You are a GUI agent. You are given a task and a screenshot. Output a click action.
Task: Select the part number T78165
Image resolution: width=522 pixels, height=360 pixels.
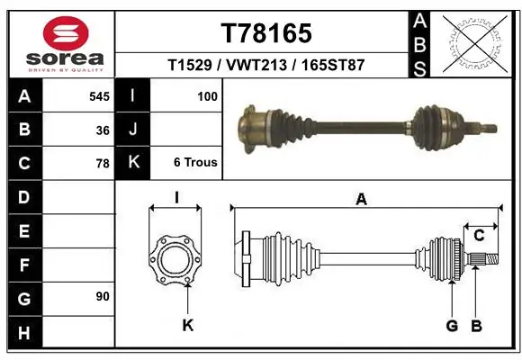pyautogui.click(x=265, y=33)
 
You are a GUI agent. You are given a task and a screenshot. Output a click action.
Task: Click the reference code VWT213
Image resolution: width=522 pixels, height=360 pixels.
pyautogui.click(x=265, y=66)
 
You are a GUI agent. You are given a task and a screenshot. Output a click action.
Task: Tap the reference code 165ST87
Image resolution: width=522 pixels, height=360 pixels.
pyautogui.click(x=334, y=66)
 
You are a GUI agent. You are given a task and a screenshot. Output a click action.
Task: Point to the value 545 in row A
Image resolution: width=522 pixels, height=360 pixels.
pyautogui.click(x=99, y=96)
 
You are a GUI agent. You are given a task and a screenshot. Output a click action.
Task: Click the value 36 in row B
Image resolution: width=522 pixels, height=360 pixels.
pyautogui.click(x=103, y=130)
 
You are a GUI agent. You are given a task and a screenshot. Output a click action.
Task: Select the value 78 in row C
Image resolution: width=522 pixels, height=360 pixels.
pyautogui.click(x=103, y=164)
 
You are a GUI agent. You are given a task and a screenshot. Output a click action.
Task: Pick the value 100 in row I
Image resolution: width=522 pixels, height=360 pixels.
pyautogui.click(x=206, y=96)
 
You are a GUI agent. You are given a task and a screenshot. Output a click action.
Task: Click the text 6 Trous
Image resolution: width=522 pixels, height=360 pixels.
pyautogui.click(x=194, y=164)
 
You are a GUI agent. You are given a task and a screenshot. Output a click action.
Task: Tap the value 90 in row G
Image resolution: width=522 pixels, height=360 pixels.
pyautogui.click(x=103, y=296)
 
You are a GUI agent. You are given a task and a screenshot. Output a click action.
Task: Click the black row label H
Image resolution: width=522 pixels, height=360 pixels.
pyautogui.click(x=24, y=334)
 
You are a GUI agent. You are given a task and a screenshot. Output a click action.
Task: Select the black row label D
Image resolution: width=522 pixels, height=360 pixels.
pyautogui.click(x=24, y=197)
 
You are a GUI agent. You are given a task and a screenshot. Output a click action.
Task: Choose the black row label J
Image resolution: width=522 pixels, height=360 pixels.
pyautogui.click(x=133, y=130)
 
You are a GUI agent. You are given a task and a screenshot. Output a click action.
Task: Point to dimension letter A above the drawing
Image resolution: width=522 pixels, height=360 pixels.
pyautogui.click(x=361, y=200)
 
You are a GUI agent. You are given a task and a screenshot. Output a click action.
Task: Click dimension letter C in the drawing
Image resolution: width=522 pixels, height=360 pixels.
pyautogui.click(x=479, y=236)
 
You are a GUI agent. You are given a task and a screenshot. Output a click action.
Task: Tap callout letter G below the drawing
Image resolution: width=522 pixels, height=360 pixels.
pyautogui.click(x=452, y=326)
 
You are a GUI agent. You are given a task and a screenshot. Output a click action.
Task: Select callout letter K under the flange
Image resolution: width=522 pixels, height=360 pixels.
pyautogui.click(x=187, y=326)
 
